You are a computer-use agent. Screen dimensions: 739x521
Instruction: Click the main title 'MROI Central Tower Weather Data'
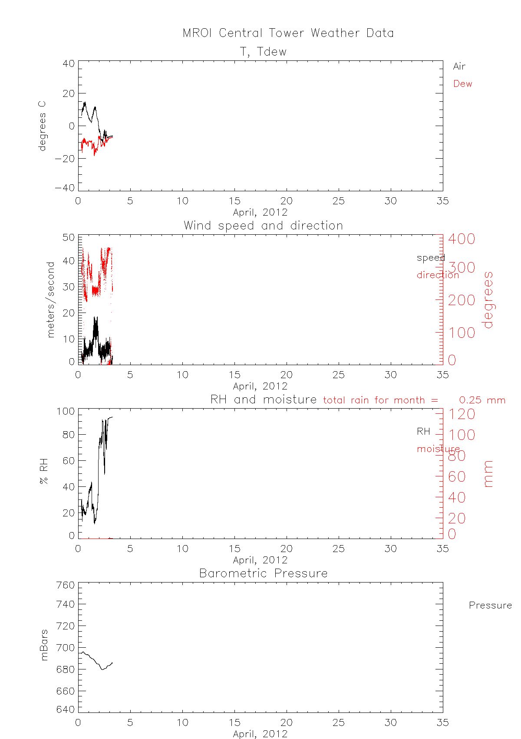click(288, 33)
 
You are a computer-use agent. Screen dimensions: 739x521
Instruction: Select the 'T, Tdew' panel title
click(263, 52)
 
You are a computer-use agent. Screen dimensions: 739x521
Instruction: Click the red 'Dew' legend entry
click(462, 84)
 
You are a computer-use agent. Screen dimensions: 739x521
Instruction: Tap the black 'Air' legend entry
click(459, 67)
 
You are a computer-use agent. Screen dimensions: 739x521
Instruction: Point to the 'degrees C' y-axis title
click(42, 126)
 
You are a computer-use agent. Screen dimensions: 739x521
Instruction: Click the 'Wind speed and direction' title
click(263, 226)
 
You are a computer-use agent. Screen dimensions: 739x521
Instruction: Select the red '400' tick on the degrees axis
click(462, 239)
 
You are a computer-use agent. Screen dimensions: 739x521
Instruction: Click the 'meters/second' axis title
click(51, 300)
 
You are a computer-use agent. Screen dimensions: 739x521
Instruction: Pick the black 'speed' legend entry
click(431, 258)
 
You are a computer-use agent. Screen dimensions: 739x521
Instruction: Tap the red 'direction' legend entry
click(438, 275)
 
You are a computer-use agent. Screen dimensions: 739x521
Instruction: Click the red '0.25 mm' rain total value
click(482, 400)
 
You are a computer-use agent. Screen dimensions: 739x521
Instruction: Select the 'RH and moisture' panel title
click(263, 399)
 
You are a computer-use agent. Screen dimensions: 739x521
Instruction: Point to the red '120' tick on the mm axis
click(462, 414)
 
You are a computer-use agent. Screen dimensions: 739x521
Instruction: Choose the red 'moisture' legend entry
click(438, 449)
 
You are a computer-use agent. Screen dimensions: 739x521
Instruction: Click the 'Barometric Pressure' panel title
click(263, 573)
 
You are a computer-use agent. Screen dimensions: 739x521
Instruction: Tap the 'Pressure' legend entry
click(490, 606)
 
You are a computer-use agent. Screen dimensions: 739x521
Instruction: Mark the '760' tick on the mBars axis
click(66, 585)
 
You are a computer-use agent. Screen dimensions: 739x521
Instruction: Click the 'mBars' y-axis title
click(44, 645)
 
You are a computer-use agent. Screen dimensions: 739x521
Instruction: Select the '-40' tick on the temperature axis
click(65, 188)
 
